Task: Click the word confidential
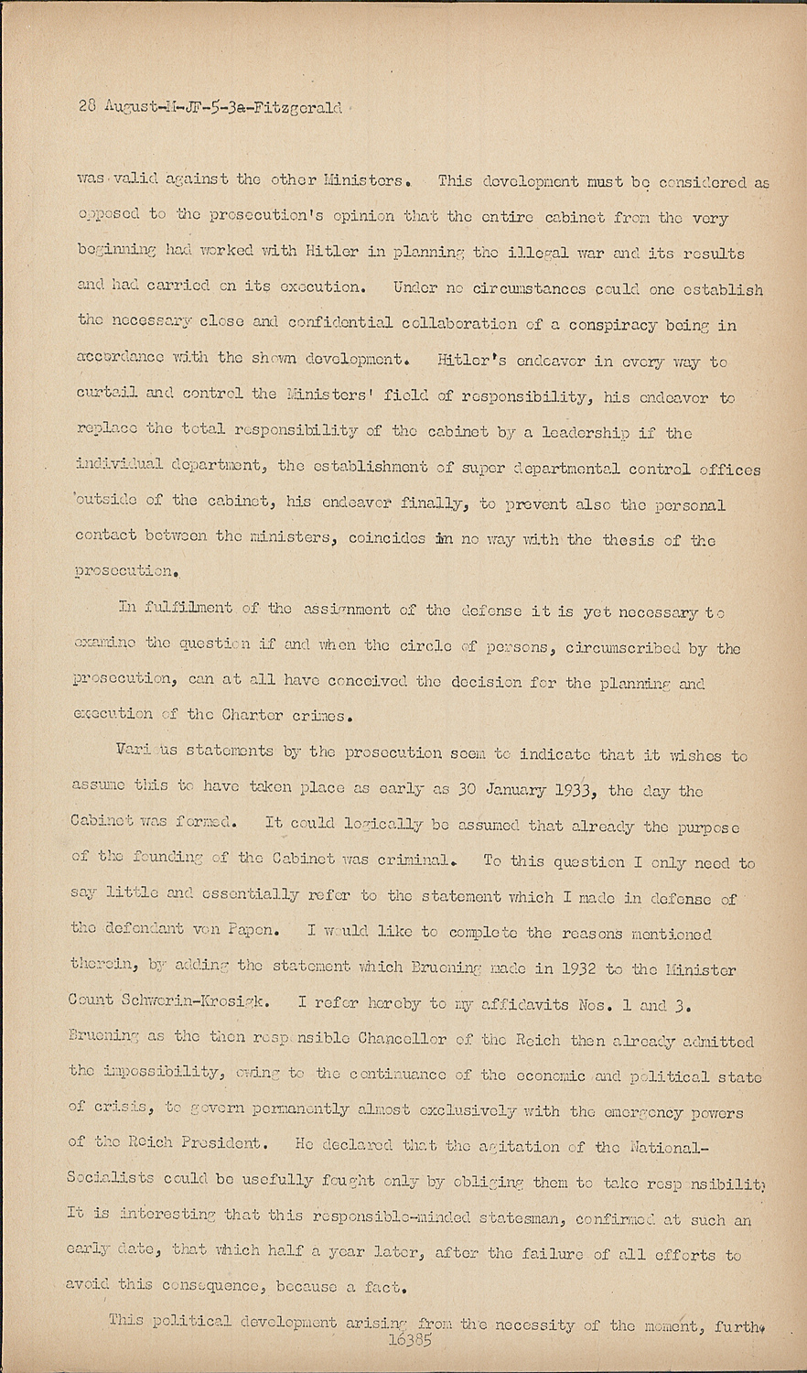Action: pos(313,325)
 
